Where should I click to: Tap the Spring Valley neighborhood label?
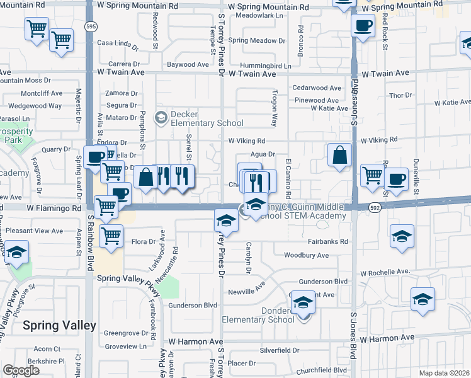[59, 326]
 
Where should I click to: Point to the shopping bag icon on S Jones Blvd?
[339, 155]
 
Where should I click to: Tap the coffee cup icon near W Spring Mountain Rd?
[363, 26]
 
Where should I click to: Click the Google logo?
[21, 370]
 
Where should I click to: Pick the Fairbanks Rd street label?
[328, 241]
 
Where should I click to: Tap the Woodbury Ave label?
[306, 255]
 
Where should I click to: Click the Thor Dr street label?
[400, 95]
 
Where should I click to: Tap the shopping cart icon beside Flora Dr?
[111, 236]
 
